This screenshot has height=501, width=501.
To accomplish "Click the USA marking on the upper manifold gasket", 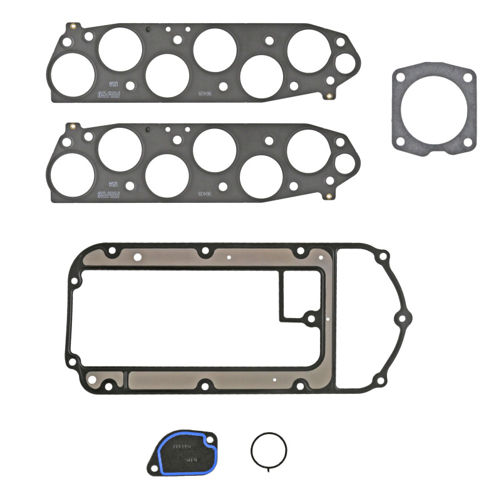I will [113, 84].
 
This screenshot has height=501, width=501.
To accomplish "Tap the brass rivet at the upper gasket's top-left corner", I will [74, 26].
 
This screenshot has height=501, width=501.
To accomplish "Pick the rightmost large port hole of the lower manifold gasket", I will [309, 150].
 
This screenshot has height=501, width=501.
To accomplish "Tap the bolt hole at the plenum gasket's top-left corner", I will [112, 250].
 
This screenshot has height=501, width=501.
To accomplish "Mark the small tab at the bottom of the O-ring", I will [269, 468].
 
